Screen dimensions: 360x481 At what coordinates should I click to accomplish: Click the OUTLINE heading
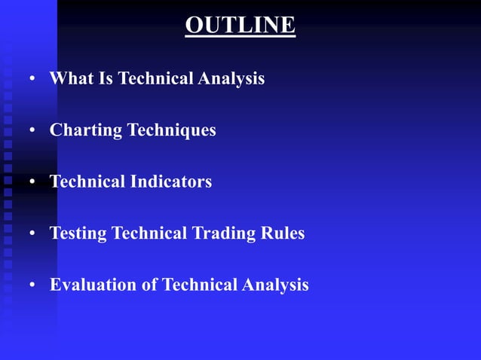tap(240, 25)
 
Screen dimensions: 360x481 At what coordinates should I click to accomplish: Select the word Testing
tap(78, 233)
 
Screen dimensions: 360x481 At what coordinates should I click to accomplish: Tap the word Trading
tap(217, 233)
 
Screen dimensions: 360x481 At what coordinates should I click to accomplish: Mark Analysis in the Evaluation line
tap(275, 285)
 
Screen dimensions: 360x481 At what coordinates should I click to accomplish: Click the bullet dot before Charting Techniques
tap(32, 131)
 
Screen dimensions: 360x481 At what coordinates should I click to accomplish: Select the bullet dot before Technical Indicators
tap(32, 182)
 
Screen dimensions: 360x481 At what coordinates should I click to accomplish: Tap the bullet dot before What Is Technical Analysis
tap(32, 79)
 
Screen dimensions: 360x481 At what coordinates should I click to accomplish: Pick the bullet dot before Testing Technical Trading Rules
tap(32, 234)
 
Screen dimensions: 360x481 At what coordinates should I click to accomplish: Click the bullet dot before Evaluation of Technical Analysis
tap(32, 285)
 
